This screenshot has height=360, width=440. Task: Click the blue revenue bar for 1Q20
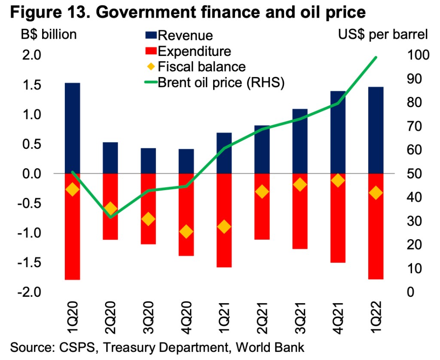click(x=73, y=128)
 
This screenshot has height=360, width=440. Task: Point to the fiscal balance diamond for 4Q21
click(x=338, y=181)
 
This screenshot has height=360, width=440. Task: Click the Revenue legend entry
click(x=185, y=35)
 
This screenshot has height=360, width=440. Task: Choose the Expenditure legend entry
click(x=194, y=51)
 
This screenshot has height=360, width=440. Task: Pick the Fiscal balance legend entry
click(x=202, y=67)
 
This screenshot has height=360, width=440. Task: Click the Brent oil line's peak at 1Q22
click(x=376, y=57)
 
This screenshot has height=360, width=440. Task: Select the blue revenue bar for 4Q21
click(x=338, y=132)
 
